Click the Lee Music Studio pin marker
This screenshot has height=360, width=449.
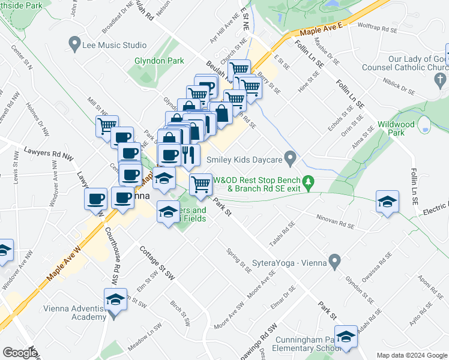point(74,44)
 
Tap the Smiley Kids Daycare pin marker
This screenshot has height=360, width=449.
point(291,160)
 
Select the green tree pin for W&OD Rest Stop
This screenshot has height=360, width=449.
point(308,180)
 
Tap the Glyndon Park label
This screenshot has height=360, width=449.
point(158,61)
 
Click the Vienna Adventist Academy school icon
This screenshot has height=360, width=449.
point(116,299)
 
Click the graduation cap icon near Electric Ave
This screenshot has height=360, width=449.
point(387,201)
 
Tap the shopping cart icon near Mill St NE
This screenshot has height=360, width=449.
point(107,125)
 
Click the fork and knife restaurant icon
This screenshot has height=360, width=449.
point(189,155)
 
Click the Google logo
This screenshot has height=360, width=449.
point(19,353)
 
